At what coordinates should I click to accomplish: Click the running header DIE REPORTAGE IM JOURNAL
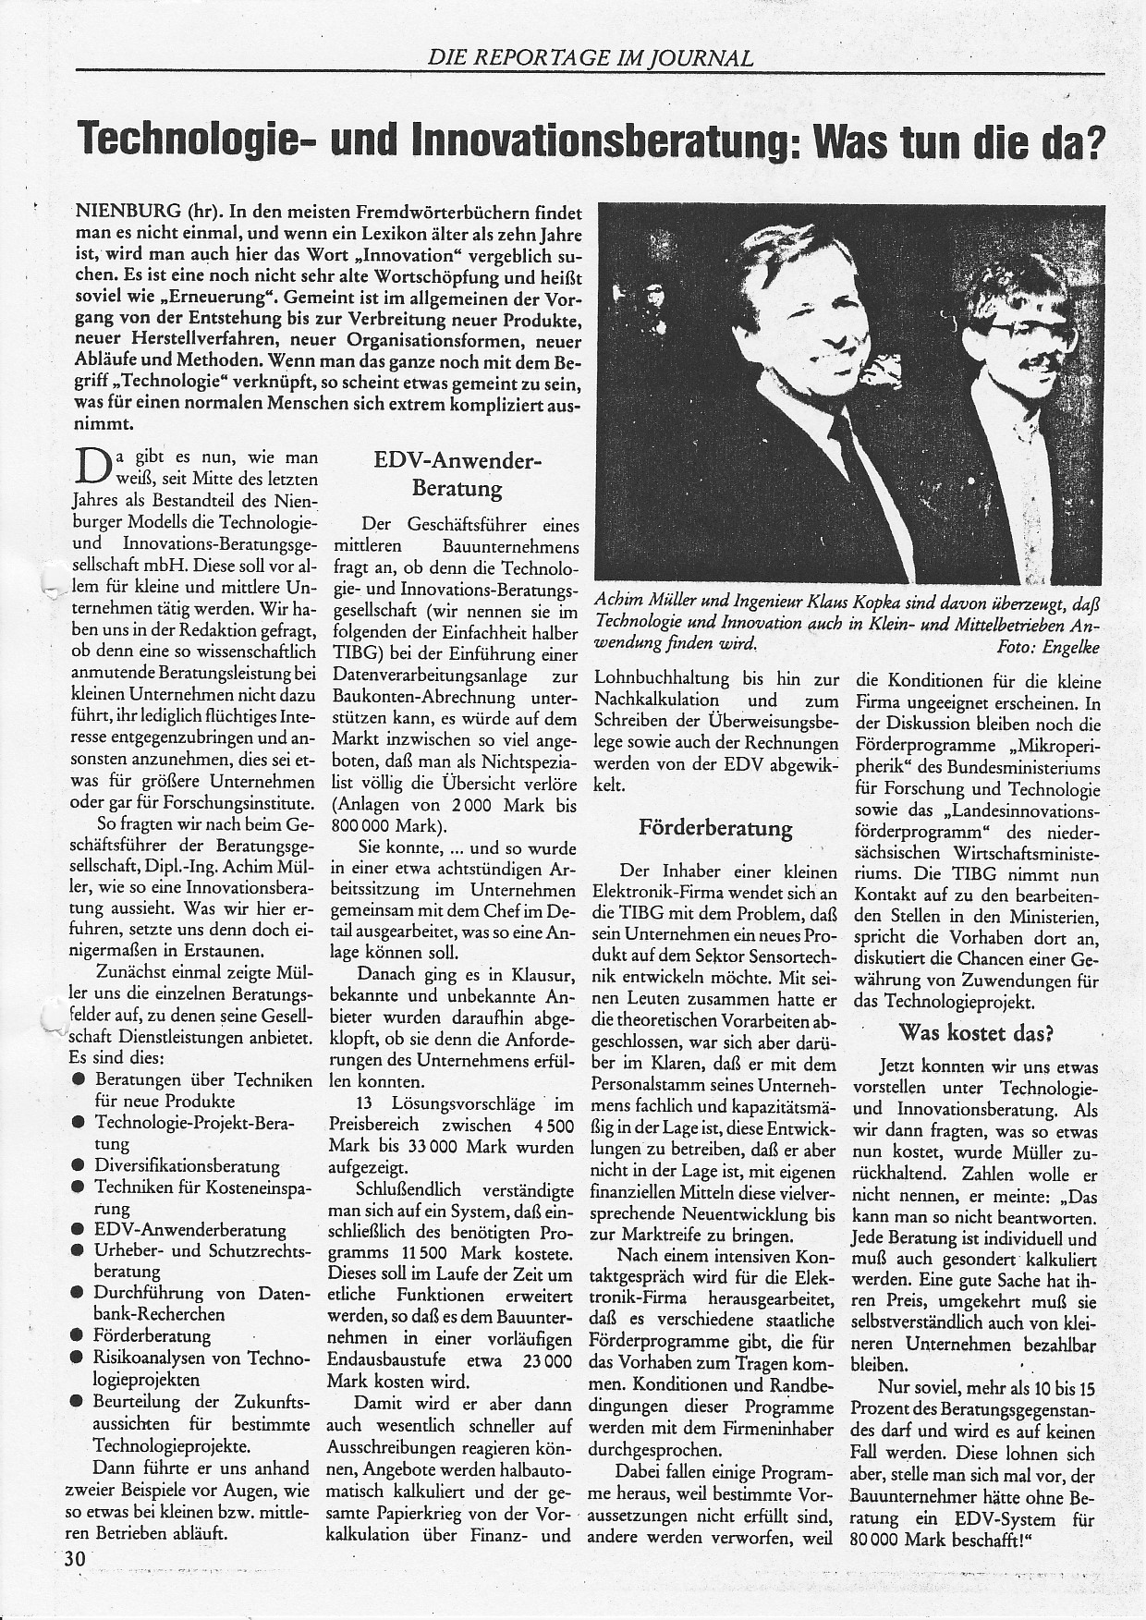click(591, 58)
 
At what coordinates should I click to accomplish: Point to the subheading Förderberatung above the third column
click(715, 828)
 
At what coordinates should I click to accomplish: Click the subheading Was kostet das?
click(976, 1032)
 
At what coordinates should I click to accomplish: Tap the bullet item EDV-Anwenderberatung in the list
click(189, 1230)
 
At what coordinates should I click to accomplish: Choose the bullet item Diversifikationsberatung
click(187, 1165)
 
